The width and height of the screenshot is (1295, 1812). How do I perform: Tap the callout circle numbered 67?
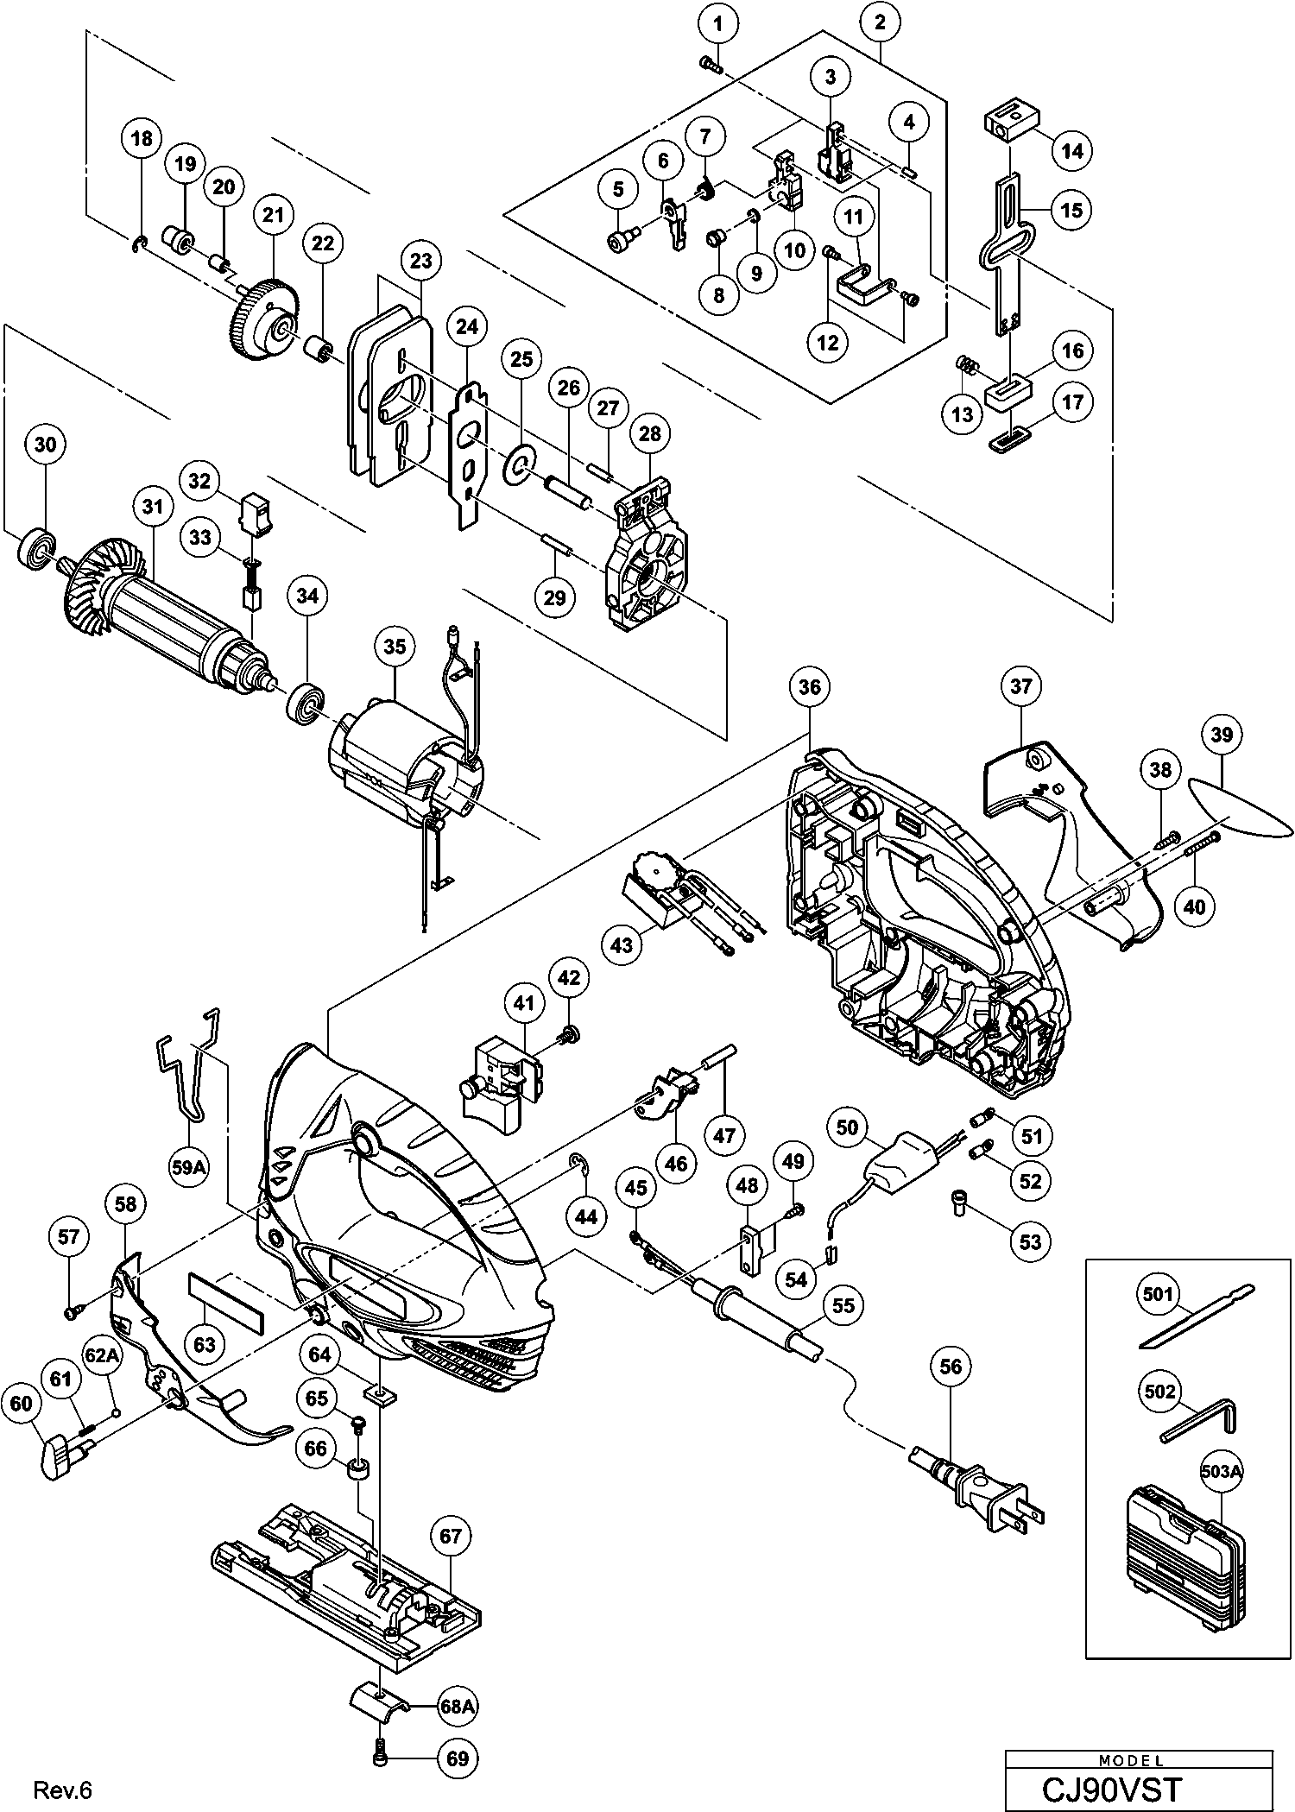pyautogui.click(x=451, y=1537)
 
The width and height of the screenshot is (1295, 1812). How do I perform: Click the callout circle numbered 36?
pyautogui.click(x=809, y=686)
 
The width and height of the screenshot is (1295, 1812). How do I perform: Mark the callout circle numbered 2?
pyautogui.click(x=880, y=24)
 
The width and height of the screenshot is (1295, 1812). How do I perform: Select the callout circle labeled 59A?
pyautogui.click(x=188, y=1168)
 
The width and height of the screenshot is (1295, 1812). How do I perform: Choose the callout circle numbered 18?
pyautogui.click(x=142, y=138)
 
